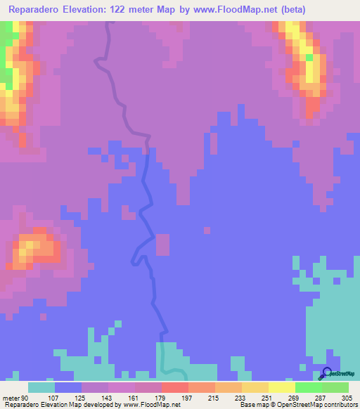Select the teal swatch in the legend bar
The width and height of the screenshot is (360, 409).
[x=41, y=387]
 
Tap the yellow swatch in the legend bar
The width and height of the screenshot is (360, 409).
[x=282, y=387]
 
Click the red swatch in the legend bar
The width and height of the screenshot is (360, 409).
[x=175, y=387]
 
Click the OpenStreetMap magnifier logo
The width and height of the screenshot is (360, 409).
[x=328, y=373]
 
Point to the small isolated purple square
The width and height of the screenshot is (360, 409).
[x=207, y=230]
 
